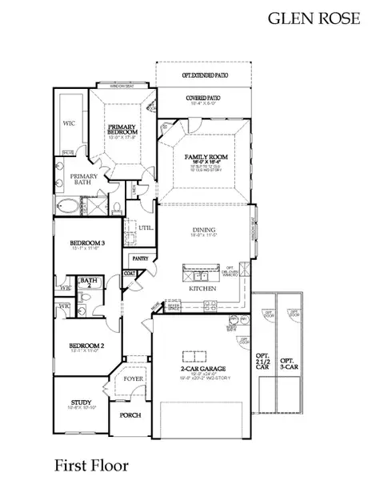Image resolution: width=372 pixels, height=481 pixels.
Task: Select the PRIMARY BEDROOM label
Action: coord(124,130)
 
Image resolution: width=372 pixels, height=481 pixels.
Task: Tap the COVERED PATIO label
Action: coord(203,98)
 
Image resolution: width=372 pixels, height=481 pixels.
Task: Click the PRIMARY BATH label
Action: coord(84,180)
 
